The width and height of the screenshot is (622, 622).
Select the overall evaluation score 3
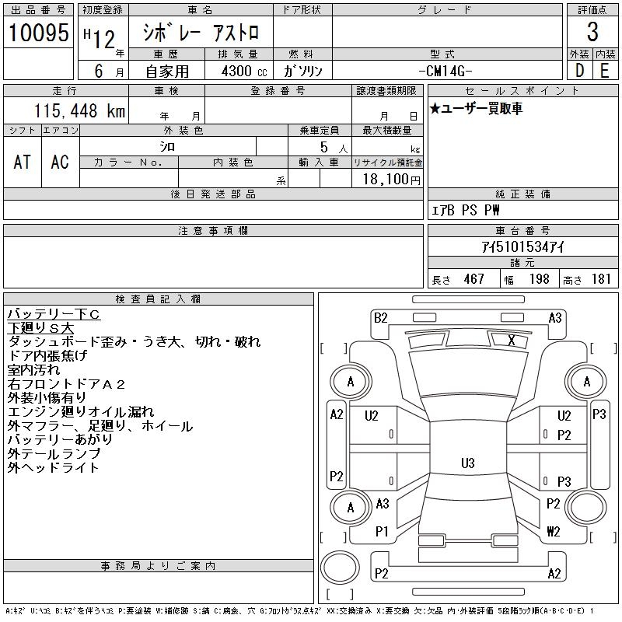click(592, 32)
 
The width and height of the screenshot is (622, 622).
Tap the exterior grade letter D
click(579, 70)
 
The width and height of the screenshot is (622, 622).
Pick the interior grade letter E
click(604, 70)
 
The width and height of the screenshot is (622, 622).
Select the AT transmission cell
click(23, 161)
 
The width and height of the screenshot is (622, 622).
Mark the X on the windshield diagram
click(511, 340)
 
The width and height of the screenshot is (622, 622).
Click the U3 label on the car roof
click(467, 463)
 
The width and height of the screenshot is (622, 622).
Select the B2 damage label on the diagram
click(380, 317)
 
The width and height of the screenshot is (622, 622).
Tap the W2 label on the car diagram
click(553, 532)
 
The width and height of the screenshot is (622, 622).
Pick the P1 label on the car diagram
click(381, 532)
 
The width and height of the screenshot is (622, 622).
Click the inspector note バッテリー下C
click(54, 314)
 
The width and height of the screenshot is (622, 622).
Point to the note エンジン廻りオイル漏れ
click(81, 412)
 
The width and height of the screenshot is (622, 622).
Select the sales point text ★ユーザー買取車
click(476, 109)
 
